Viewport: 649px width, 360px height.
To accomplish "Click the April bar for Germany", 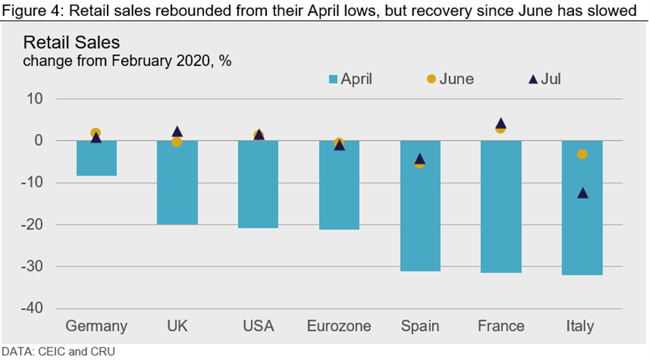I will (96, 158).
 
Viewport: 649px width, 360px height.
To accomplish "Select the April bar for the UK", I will (177, 182).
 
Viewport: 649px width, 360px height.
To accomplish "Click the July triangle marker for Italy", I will (582, 192).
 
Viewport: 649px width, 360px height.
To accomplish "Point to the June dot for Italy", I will (582, 154).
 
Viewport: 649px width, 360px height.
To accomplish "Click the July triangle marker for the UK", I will (177, 132).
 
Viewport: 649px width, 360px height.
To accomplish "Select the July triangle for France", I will (501, 123).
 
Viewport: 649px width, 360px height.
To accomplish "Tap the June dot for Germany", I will (96, 133).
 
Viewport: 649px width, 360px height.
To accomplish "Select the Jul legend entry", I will (544, 79).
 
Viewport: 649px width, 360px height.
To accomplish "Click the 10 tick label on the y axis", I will (36, 99).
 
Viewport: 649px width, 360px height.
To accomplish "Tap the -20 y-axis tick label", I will (33, 225).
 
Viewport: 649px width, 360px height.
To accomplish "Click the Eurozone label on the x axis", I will (339, 326).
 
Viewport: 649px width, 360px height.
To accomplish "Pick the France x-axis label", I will (501, 326).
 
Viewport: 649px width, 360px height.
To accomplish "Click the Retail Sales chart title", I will (71, 42).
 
